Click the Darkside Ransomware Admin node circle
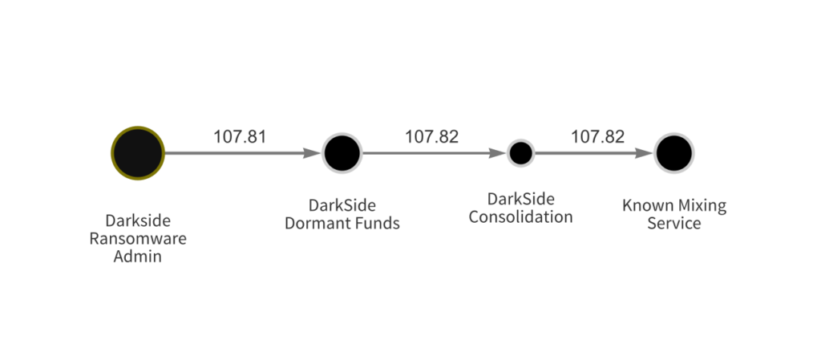coord(138,152)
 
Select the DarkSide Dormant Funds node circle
coord(342,152)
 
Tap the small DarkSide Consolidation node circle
coord(520,152)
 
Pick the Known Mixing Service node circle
coord(673,152)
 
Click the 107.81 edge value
coord(239,136)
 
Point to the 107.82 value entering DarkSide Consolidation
coord(431,136)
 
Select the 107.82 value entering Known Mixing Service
coord(597,136)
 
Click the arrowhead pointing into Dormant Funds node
coord(312,152)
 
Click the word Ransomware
coord(138,239)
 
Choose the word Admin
coord(138,257)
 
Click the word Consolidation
coord(520,216)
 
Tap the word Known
coord(645,206)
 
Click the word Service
coord(673,224)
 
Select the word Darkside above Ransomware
coord(138,220)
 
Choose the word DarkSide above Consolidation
coord(520,199)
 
